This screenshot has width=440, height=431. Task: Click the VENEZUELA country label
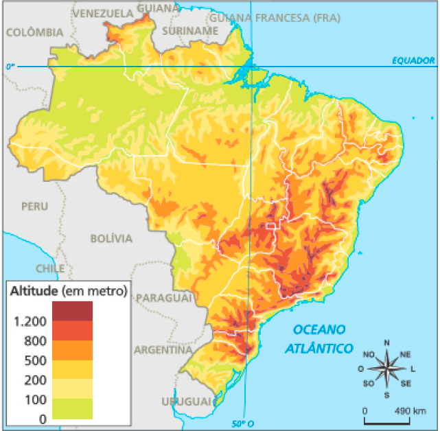click(x=103, y=13)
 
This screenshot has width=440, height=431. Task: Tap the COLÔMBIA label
click(x=34, y=32)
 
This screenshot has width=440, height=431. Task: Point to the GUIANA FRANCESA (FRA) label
click(x=275, y=18)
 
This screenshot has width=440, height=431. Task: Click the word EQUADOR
click(x=414, y=60)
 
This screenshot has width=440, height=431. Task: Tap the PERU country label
click(x=34, y=206)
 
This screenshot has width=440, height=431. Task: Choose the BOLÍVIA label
click(x=111, y=238)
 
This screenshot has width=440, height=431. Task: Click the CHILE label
click(x=50, y=268)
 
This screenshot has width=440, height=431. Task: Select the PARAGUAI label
click(x=163, y=298)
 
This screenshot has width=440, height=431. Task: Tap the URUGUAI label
click(x=183, y=401)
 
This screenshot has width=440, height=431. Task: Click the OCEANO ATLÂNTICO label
click(x=319, y=338)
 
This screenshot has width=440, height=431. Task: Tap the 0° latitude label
click(x=10, y=67)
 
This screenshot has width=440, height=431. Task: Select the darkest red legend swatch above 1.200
click(x=72, y=311)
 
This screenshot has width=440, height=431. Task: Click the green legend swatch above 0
click(x=72, y=408)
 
